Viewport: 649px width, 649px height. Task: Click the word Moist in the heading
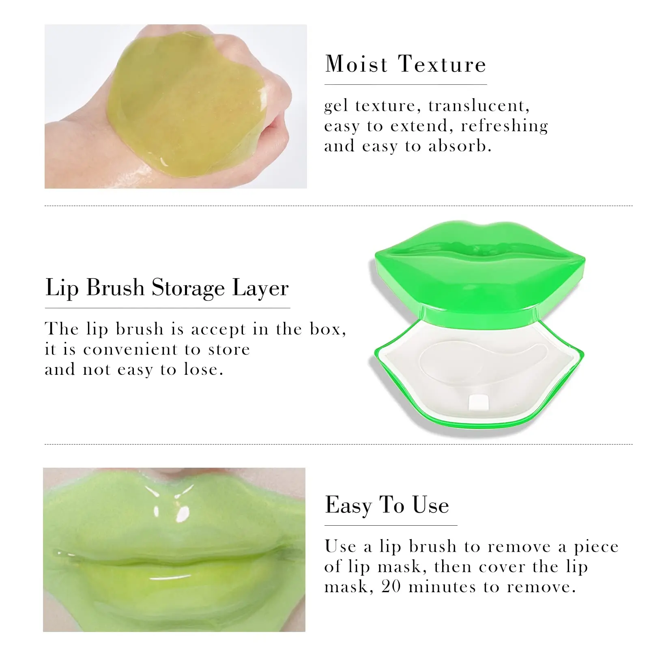coord(357,64)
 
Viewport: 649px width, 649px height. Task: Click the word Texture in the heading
coord(442,64)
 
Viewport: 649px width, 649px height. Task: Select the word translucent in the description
coord(479,106)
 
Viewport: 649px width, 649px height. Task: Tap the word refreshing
coord(504,126)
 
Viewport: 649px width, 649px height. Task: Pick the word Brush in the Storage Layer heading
coord(115,288)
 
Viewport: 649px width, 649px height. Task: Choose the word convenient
coord(142,349)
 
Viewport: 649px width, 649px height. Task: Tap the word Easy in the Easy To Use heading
coord(348,505)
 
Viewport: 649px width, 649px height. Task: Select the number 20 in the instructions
coord(391,587)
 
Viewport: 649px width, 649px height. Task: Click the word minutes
coord(442,587)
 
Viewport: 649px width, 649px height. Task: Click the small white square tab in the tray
coord(477,402)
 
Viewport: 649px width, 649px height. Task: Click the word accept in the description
coord(218,329)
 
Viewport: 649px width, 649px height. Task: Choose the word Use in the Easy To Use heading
coord(430,505)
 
